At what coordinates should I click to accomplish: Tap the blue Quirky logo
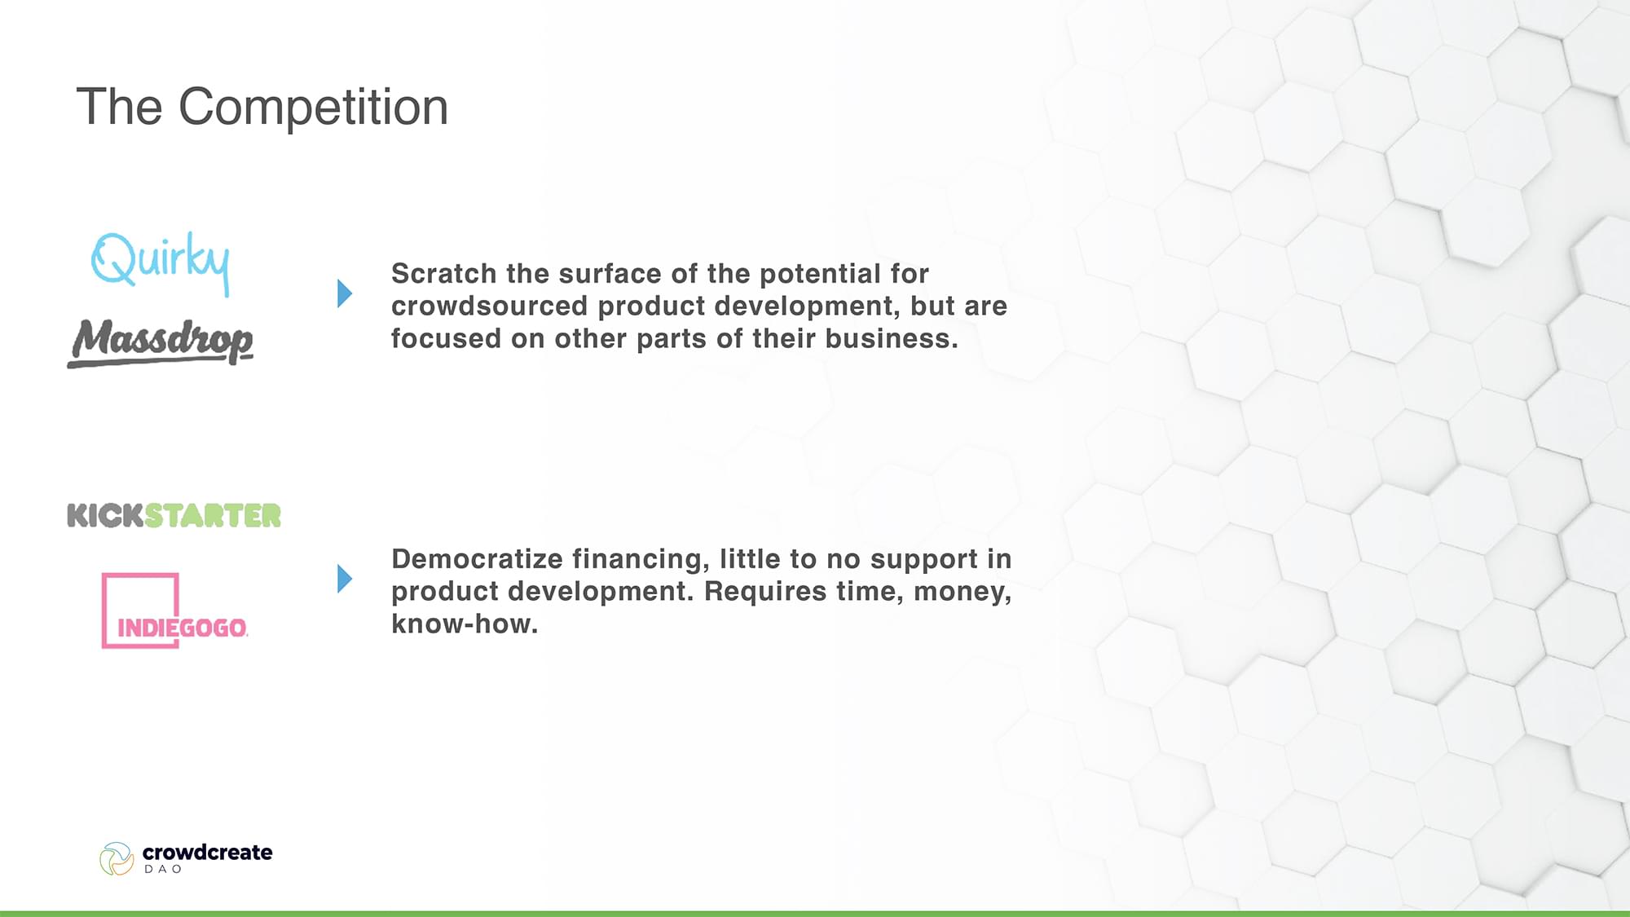click(x=161, y=262)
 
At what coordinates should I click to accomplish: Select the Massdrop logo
click(x=161, y=342)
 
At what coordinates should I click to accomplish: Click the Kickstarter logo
click(x=174, y=515)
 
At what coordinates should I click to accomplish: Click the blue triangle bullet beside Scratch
click(x=345, y=293)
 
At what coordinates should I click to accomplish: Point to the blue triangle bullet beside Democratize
click(x=345, y=579)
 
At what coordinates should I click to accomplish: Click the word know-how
click(x=465, y=624)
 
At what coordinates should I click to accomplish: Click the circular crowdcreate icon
click(x=117, y=859)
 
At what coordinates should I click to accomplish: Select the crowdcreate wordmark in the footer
click(x=207, y=852)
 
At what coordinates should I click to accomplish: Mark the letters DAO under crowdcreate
click(x=163, y=869)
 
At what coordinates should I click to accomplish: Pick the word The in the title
click(x=119, y=107)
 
